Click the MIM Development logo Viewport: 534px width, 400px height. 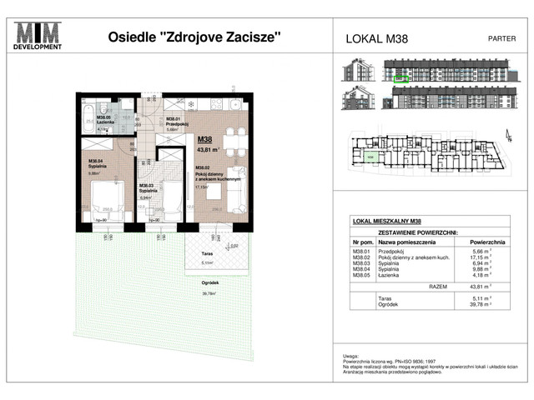38,37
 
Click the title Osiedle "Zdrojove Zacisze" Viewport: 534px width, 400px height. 194,37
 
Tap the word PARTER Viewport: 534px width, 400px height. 500,38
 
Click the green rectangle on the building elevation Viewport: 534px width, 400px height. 400,80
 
